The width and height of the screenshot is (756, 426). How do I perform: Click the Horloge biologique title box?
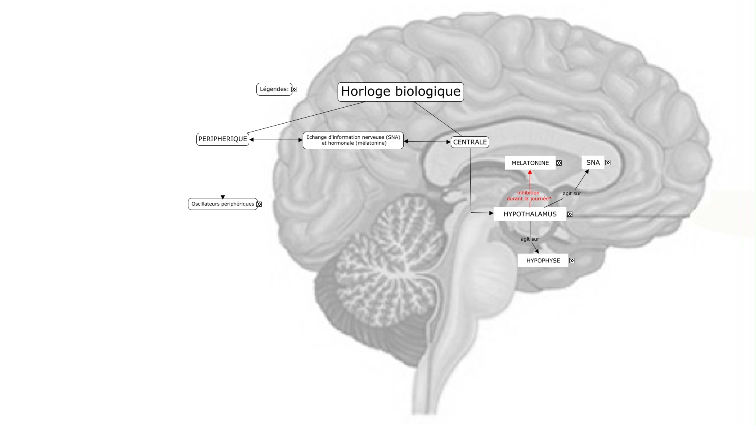click(400, 92)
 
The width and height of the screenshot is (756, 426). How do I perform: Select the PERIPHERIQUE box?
click(223, 139)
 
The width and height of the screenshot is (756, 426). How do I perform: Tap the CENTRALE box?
click(470, 142)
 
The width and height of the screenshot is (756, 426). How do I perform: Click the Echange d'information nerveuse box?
click(353, 140)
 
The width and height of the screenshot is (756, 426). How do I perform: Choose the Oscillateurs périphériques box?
click(223, 204)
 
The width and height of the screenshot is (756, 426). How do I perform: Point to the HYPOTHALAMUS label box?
click(530, 214)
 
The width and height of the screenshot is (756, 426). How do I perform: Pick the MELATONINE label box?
click(530, 163)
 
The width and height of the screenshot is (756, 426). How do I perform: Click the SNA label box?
click(593, 162)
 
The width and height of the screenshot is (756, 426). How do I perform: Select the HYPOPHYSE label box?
click(543, 260)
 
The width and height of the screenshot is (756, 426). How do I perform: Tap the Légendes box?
click(274, 89)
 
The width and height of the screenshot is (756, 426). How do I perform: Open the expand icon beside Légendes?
click(294, 89)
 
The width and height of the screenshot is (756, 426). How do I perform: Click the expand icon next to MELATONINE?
click(559, 163)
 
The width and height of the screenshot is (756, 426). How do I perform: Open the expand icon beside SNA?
click(608, 162)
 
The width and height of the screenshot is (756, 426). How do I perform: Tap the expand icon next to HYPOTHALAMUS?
click(570, 214)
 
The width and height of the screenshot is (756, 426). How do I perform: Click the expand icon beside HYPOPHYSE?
click(572, 260)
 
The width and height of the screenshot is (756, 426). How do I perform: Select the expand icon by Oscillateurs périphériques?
click(259, 204)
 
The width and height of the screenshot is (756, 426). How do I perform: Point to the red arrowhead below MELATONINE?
click(530, 172)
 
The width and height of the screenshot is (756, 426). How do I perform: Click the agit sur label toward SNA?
click(572, 194)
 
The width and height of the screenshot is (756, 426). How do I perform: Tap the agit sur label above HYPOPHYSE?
click(530, 239)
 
